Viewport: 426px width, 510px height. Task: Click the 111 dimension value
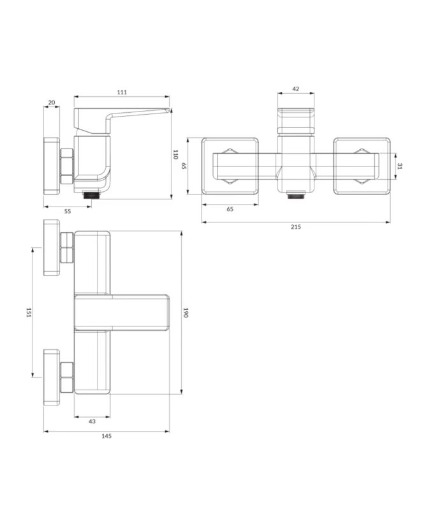coord(122,92)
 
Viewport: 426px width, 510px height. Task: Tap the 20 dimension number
coord(52,103)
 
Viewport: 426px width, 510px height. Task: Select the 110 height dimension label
coord(175,154)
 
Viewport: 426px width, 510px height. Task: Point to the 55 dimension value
coord(68,212)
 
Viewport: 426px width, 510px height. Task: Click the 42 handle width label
coord(296,89)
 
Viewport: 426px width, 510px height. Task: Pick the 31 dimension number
coord(400,166)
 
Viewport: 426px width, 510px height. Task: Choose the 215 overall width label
coord(296,227)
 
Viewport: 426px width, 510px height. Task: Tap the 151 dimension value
coord(29,312)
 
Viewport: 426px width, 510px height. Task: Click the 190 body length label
coord(186,312)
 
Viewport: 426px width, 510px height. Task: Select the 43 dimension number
coord(92,421)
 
